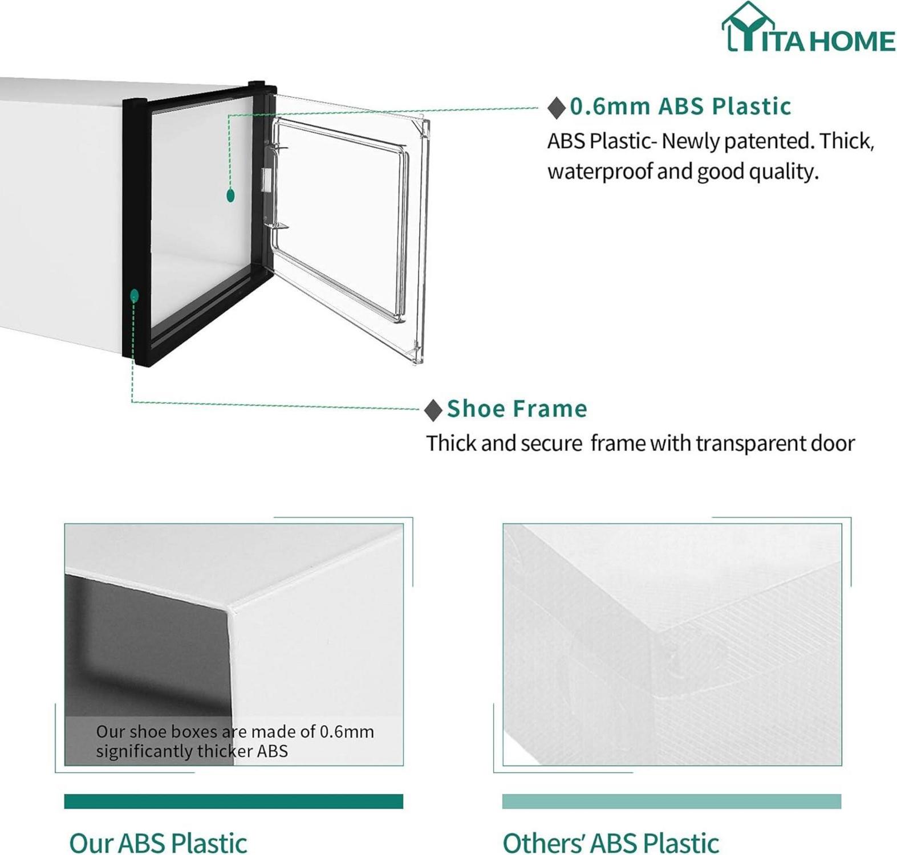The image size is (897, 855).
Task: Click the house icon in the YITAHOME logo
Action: [x=748, y=26]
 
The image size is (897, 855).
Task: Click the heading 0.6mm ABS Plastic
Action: [x=681, y=106]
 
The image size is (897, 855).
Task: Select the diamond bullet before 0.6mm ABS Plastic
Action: [x=557, y=107]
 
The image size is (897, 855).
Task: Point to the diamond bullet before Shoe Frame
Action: [x=433, y=410]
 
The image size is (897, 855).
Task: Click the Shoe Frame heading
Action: [x=517, y=409]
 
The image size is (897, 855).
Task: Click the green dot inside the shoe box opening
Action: [x=230, y=196]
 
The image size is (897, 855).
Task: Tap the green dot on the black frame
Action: [x=135, y=295]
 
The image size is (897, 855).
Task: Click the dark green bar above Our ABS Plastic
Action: [x=234, y=801]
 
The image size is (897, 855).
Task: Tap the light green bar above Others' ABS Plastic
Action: [x=672, y=801]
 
